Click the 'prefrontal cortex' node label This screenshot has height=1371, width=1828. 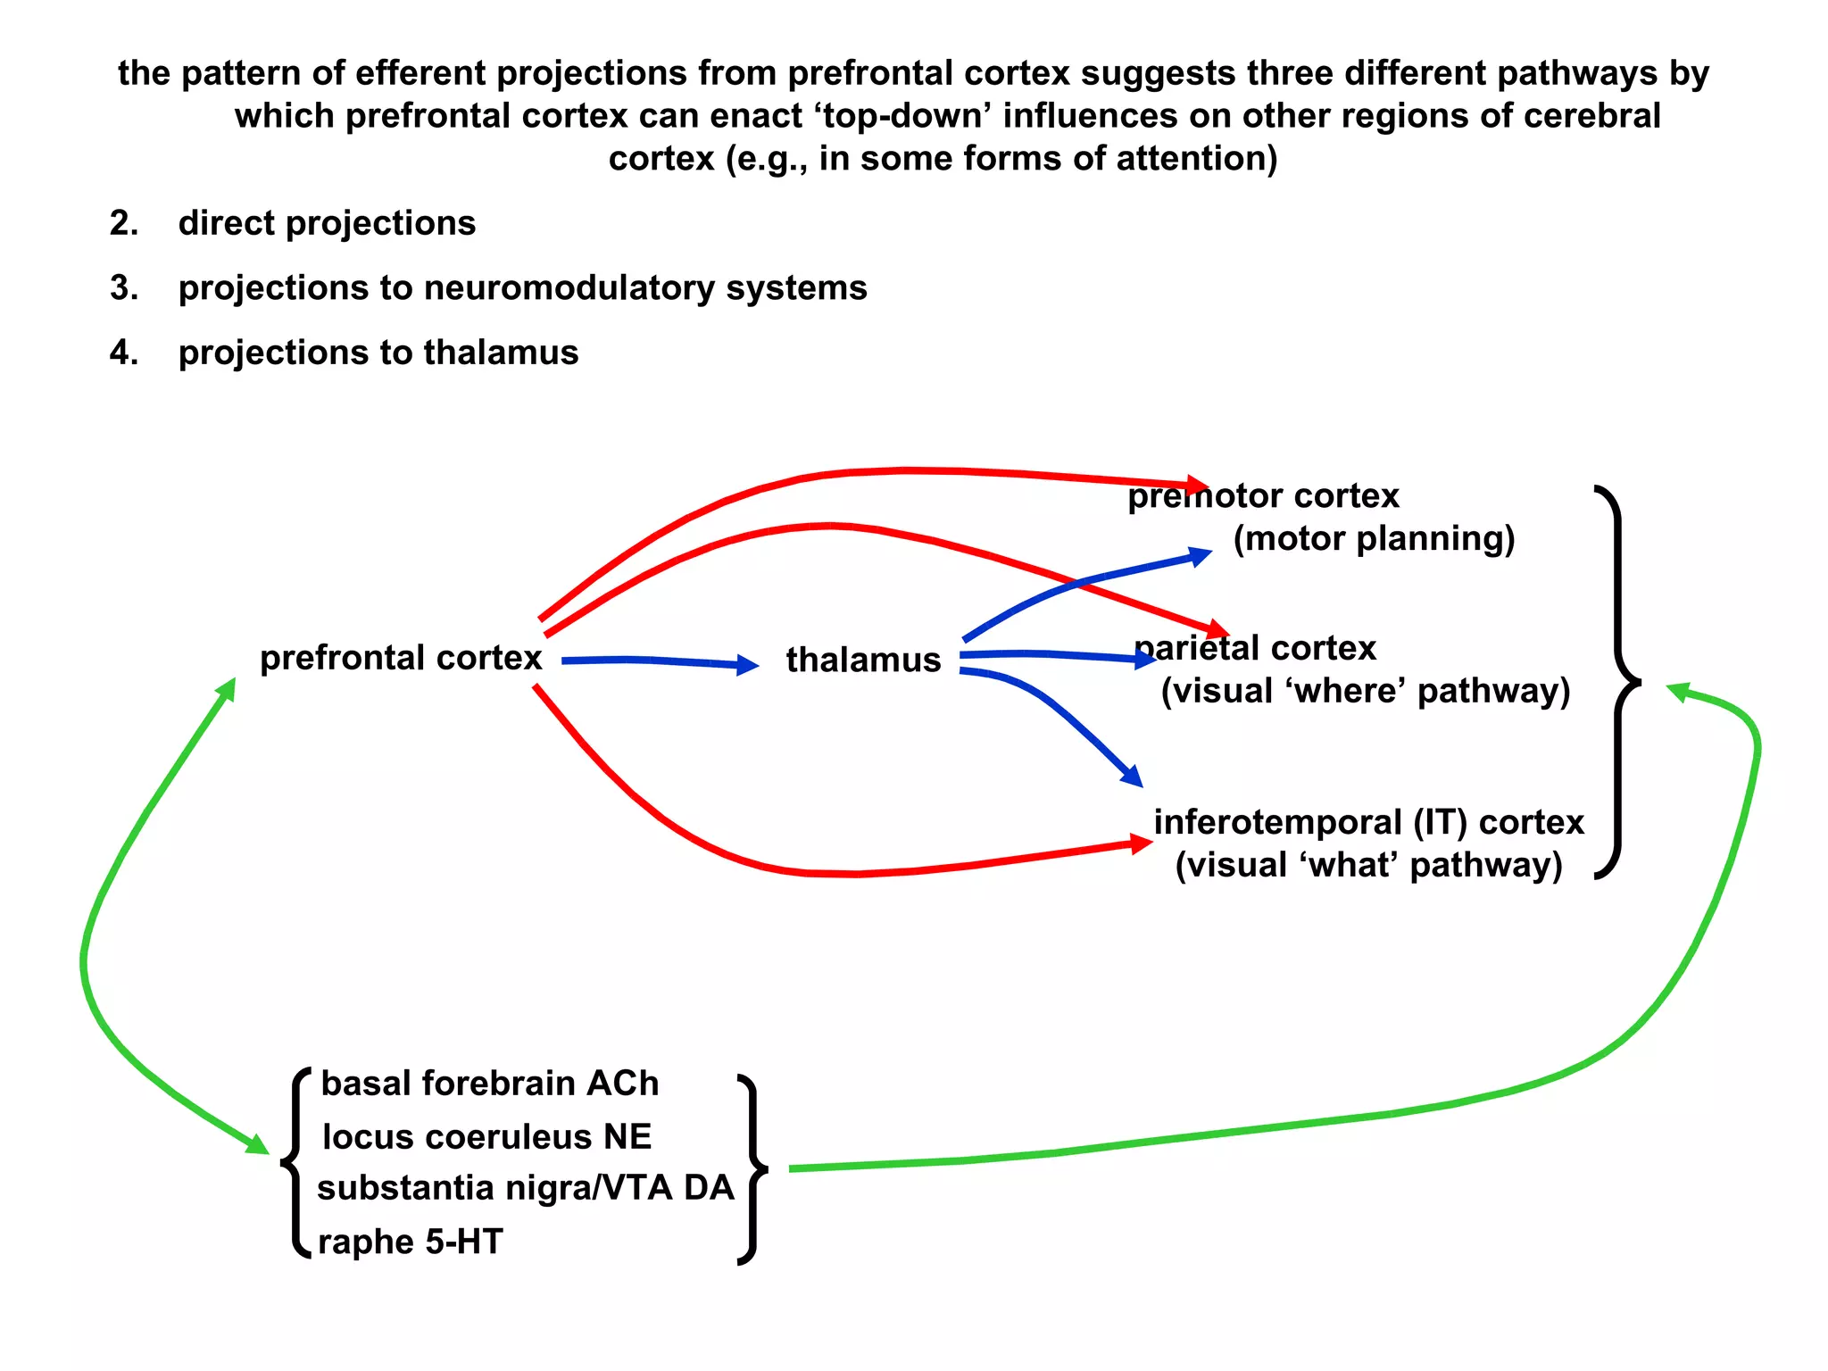401,658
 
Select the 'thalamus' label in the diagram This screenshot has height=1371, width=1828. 863,661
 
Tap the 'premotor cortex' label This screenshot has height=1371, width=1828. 1263,496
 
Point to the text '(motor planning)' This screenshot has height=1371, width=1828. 1374,539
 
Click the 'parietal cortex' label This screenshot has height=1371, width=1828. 1255,648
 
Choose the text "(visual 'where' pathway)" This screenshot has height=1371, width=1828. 1365,691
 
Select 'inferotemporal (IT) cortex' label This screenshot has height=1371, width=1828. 1368,822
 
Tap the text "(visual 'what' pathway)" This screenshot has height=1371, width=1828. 1368,865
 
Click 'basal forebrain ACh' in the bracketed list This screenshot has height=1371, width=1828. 489,1084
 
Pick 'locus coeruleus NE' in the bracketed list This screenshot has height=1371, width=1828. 486,1137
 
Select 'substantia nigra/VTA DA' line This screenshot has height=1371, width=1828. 525,1188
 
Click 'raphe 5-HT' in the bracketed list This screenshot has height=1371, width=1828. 411,1242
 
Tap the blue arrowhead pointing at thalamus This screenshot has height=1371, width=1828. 747,665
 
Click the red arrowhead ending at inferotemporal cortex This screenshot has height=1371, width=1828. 1142,843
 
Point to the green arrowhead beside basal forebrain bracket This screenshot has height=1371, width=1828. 258,1144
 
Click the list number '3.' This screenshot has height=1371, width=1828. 124,288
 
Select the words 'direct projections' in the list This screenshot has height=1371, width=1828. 327,223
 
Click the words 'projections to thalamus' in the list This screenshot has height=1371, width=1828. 378,353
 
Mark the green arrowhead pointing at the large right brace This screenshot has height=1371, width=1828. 1679,692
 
